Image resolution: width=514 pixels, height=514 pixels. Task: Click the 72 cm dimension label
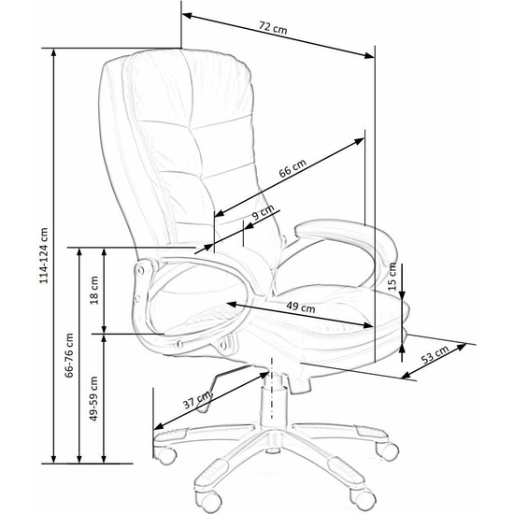(273, 28)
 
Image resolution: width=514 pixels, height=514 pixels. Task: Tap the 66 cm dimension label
(293, 168)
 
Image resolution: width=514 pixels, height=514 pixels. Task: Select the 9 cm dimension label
(263, 212)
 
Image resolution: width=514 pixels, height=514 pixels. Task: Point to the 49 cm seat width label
(301, 307)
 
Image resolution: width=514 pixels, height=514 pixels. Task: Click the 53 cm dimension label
(435, 354)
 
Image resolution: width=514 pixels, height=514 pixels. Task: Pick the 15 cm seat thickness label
(393, 277)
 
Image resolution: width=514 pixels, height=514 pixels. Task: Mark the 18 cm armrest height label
(94, 290)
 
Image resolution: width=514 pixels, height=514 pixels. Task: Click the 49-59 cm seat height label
(93, 398)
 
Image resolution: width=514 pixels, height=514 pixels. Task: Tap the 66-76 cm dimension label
(69, 355)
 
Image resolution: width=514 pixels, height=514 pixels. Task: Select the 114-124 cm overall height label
(44, 255)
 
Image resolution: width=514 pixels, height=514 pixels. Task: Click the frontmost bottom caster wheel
(207, 503)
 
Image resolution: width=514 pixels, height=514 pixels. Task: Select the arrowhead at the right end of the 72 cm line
(369, 56)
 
